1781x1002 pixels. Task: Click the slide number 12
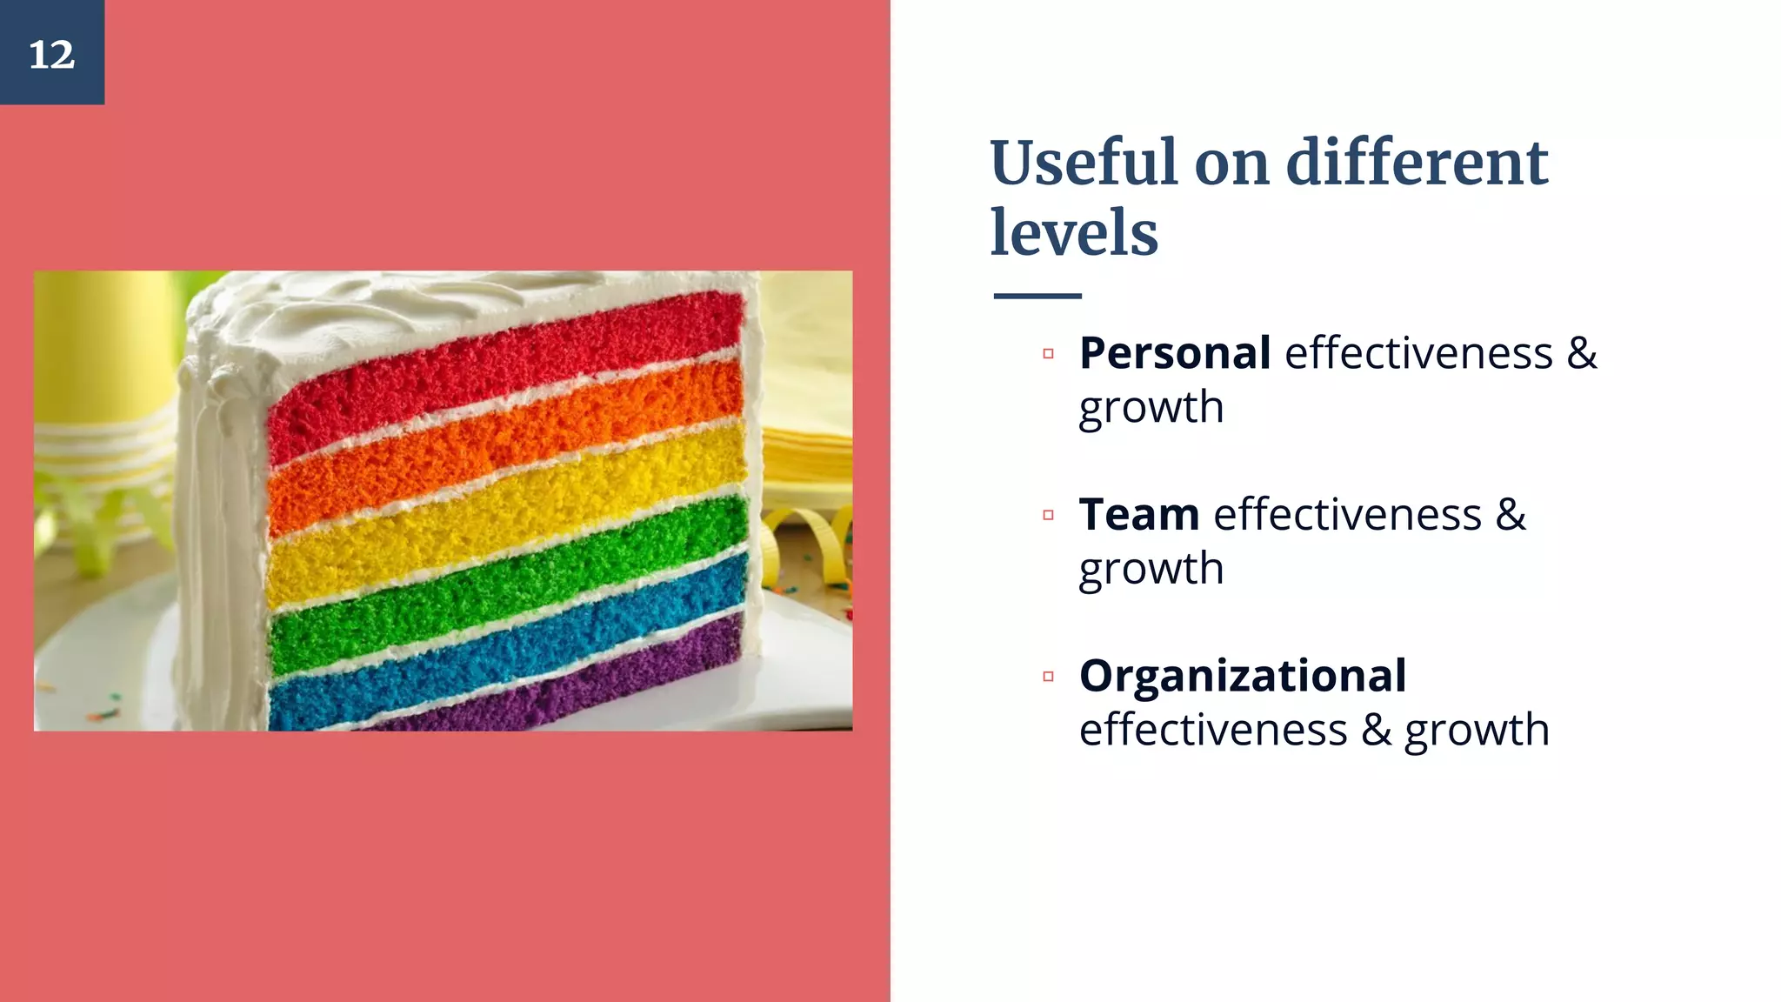52,54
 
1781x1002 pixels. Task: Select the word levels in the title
1074,233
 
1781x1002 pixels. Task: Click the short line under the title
1037,296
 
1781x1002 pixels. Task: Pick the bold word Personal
1175,353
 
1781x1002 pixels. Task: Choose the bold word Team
1139,514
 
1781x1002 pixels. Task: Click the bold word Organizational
1243,676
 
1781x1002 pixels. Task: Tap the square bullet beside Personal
1048,354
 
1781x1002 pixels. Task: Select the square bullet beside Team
1048,515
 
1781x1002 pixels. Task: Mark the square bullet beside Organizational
1048,676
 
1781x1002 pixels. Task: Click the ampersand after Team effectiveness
1511,514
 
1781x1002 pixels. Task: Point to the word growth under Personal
1151,407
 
